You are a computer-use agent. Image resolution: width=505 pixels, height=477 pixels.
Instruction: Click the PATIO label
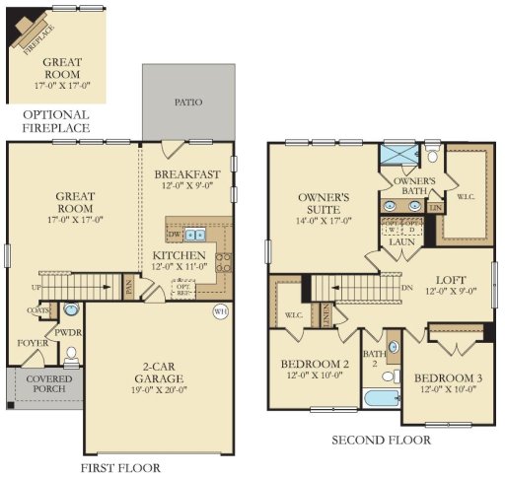point(188,101)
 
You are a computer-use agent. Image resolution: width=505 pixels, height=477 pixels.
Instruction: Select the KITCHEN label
point(179,256)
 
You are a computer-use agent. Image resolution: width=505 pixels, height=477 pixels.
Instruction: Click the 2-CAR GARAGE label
point(158,377)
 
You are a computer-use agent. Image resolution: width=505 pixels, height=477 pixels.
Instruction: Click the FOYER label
point(33,343)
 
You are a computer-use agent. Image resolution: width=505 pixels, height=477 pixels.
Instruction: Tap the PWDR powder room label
point(68,332)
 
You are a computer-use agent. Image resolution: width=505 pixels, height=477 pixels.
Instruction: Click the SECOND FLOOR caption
point(381,440)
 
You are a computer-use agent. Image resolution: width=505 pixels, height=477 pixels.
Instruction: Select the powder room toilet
point(70,353)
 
